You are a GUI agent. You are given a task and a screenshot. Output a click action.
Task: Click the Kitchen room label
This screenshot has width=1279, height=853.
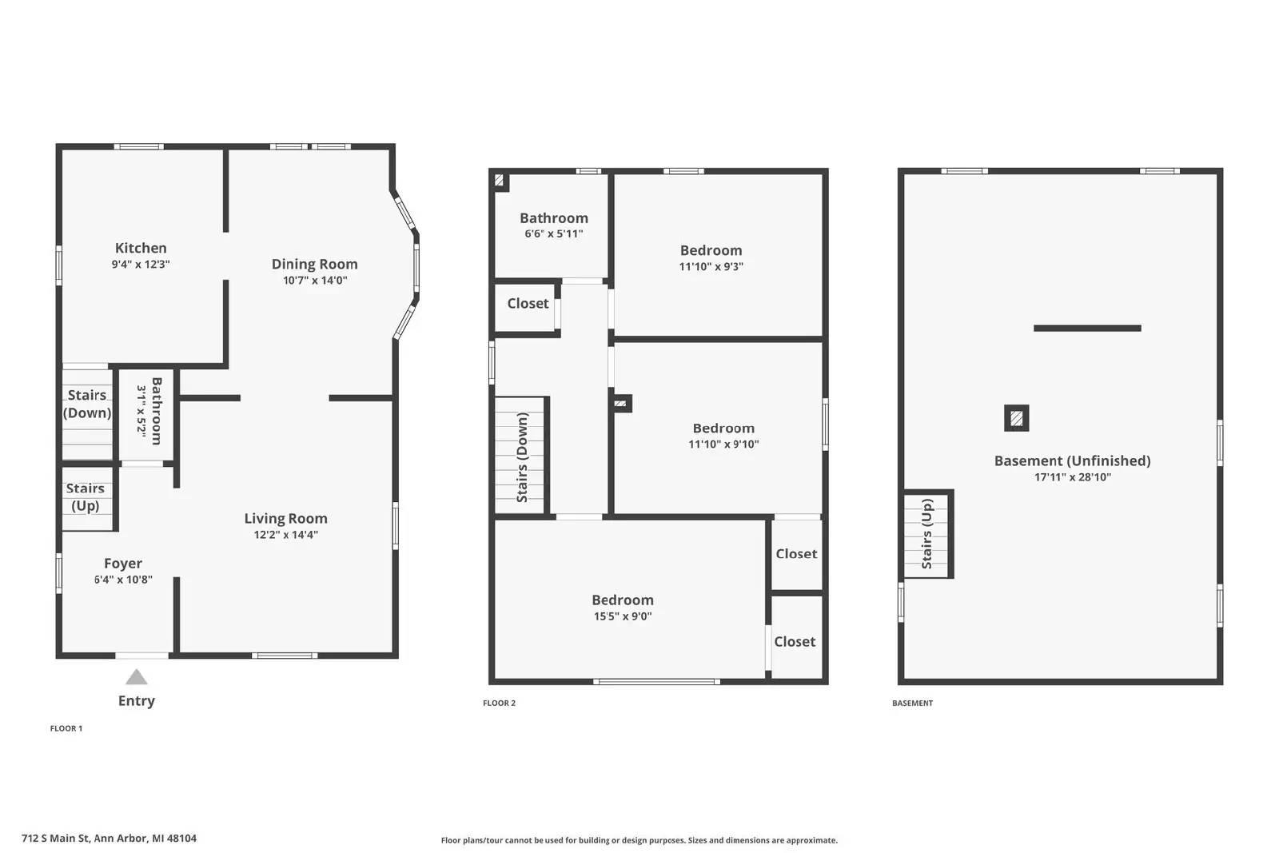(141, 248)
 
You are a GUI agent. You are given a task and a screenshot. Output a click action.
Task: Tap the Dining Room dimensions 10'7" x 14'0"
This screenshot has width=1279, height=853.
(315, 281)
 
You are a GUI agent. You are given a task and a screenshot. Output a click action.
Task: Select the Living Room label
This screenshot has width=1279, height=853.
(285, 518)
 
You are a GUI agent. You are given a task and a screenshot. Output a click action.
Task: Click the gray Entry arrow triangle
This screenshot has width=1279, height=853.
(137, 678)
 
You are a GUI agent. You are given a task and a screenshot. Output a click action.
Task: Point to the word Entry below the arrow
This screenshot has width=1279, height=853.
(137, 700)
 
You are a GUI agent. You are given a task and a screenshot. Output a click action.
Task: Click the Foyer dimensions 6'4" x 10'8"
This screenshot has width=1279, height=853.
(123, 580)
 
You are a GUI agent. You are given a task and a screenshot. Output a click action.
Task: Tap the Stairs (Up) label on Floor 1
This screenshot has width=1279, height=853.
(86, 496)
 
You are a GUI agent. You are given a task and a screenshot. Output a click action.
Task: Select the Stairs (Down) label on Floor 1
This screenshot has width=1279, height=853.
(87, 404)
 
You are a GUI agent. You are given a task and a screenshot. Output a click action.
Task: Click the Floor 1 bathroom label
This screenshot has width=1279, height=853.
(156, 411)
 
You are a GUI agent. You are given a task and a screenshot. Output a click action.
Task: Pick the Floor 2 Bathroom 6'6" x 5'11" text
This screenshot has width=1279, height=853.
(554, 233)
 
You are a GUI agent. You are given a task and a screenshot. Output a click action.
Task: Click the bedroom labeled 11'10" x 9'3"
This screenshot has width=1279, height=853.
(711, 257)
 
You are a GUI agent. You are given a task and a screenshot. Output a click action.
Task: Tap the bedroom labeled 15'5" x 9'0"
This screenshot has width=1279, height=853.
(623, 607)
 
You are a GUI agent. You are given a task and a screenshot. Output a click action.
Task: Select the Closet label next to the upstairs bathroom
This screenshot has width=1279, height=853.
(528, 303)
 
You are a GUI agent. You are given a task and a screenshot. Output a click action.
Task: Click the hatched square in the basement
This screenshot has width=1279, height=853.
(1016, 418)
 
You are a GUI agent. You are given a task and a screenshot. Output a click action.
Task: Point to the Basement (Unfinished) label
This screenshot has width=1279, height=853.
(1072, 460)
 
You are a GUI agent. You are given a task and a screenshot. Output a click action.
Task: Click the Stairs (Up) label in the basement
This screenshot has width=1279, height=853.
(927, 533)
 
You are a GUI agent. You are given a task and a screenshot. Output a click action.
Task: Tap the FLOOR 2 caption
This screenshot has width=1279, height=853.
(500, 704)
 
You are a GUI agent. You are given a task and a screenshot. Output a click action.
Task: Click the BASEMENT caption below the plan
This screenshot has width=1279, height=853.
(913, 704)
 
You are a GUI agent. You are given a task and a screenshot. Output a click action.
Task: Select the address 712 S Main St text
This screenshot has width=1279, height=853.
(109, 839)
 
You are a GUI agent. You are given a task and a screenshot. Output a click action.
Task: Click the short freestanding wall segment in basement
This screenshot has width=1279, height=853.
(1087, 328)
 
